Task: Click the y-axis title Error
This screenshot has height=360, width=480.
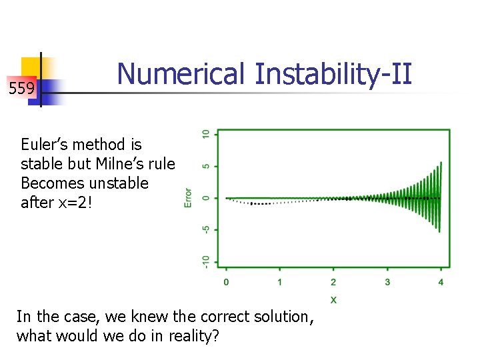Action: (188, 197)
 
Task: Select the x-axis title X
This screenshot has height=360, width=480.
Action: (333, 300)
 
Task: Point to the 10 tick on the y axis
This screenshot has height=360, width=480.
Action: (207, 134)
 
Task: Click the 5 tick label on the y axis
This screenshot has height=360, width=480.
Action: (207, 166)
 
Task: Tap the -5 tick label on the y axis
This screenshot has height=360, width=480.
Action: (207, 229)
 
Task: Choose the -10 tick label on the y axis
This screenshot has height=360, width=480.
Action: (207, 261)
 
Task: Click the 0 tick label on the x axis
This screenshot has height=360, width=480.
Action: (226, 283)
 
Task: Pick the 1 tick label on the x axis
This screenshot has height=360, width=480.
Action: (279, 283)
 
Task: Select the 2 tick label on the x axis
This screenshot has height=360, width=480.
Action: (333, 283)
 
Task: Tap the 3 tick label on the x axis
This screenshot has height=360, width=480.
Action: (387, 283)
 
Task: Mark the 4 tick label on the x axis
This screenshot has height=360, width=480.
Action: (441, 283)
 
